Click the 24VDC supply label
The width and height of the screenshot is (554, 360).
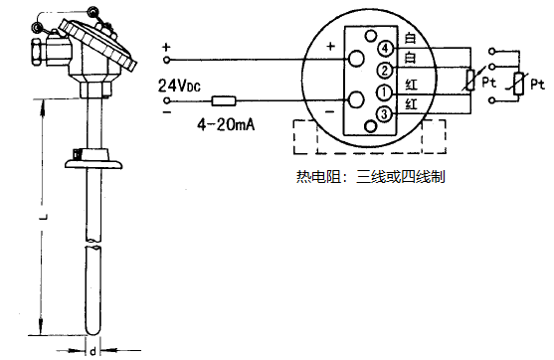pyautogui.click(x=180, y=86)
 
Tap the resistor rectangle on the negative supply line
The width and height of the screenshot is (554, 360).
pyautogui.click(x=223, y=100)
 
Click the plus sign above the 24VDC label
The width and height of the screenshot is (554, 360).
pyautogui.click(x=166, y=48)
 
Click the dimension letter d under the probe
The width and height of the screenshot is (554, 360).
pyautogui.click(x=92, y=350)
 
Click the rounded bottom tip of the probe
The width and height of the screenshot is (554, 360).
pyautogui.click(x=92, y=328)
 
